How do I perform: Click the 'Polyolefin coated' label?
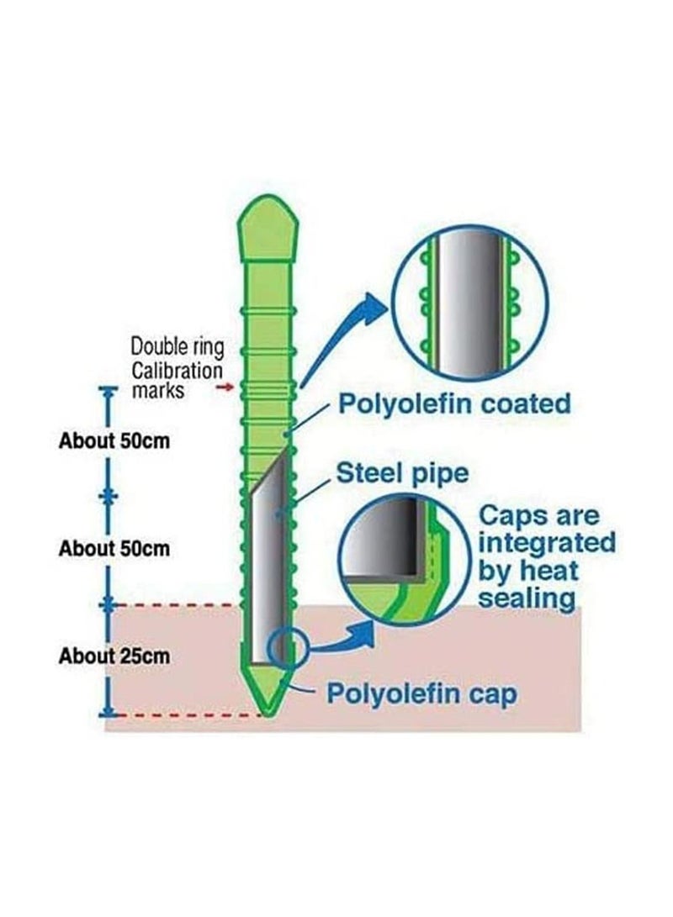[454, 403]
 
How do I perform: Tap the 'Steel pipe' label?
[401, 472]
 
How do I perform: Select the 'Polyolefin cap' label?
[421, 695]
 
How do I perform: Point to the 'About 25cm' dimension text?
[114, 656]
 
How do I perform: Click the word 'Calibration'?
[177, 370]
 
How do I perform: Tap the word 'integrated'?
[547, 542]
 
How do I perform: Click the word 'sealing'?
[527, 598]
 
